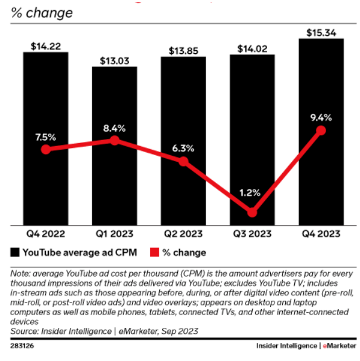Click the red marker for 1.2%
(253, 212)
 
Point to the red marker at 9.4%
(321, 130)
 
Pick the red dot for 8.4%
(115, 141)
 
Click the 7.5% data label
(46, 136)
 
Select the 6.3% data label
(183, 148)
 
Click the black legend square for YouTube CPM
(14, 252)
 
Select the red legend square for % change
(154, 252)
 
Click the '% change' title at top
(41, 12)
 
